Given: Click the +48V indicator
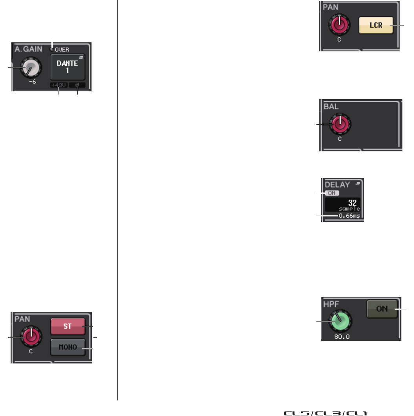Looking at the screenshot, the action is [x=58, y=85].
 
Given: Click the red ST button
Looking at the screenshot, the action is [x=68, y=326].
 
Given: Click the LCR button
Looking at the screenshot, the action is [x=376, y=25].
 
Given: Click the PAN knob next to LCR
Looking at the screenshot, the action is [x=340, y=25].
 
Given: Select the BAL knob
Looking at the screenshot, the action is [x=340, y=124].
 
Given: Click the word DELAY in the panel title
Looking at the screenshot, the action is [x=337, y=184].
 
